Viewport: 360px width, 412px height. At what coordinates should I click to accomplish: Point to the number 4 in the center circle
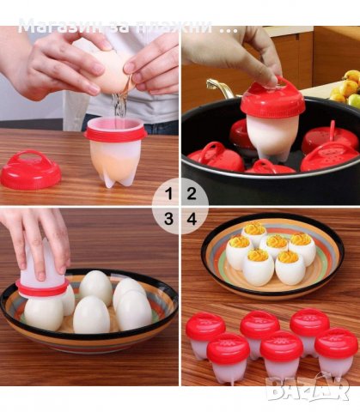[191, 219]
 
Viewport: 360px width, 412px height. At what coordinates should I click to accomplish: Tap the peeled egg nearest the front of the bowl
[90, 315]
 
